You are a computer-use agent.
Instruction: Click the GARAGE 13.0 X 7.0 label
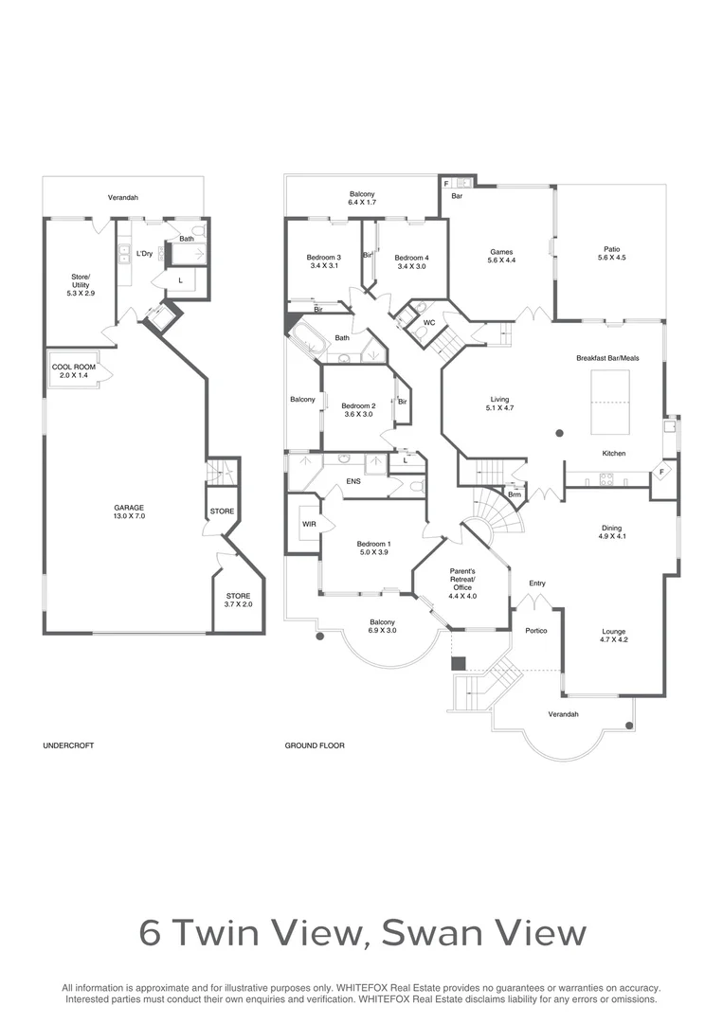coord(129,511)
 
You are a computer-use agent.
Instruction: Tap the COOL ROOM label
coord(74,367)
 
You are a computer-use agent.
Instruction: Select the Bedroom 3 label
coord(324,258)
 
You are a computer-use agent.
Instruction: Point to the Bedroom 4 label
coord(412,258)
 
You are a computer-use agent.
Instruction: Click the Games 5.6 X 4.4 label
coord(501,256)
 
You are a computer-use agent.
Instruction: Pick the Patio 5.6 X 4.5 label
coord(611,253)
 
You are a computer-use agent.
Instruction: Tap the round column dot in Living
coord(559,433)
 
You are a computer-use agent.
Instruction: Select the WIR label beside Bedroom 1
coord(309,524)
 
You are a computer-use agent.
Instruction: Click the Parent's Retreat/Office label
coord(462,583)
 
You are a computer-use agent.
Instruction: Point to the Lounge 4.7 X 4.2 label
coord(613,636)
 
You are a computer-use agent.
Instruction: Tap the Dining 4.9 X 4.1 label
coord(611,531)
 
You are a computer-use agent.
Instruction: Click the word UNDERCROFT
coord(68,745)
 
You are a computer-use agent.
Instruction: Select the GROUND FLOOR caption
coord(315,745)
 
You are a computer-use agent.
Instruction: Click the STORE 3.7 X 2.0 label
coord(238,600)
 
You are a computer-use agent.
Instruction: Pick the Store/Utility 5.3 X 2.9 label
coord(81,285)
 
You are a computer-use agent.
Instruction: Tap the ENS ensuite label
coord(353,481)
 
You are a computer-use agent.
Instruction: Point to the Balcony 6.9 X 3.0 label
coord(383,626)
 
